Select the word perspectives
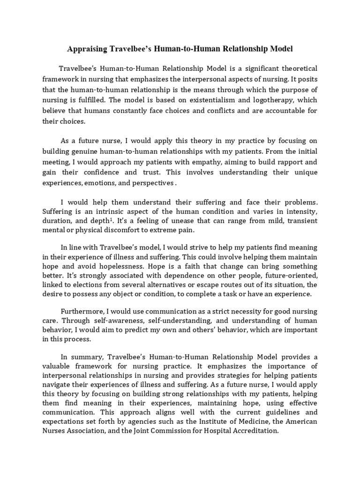pyautogui.click(x=151, y=183)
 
